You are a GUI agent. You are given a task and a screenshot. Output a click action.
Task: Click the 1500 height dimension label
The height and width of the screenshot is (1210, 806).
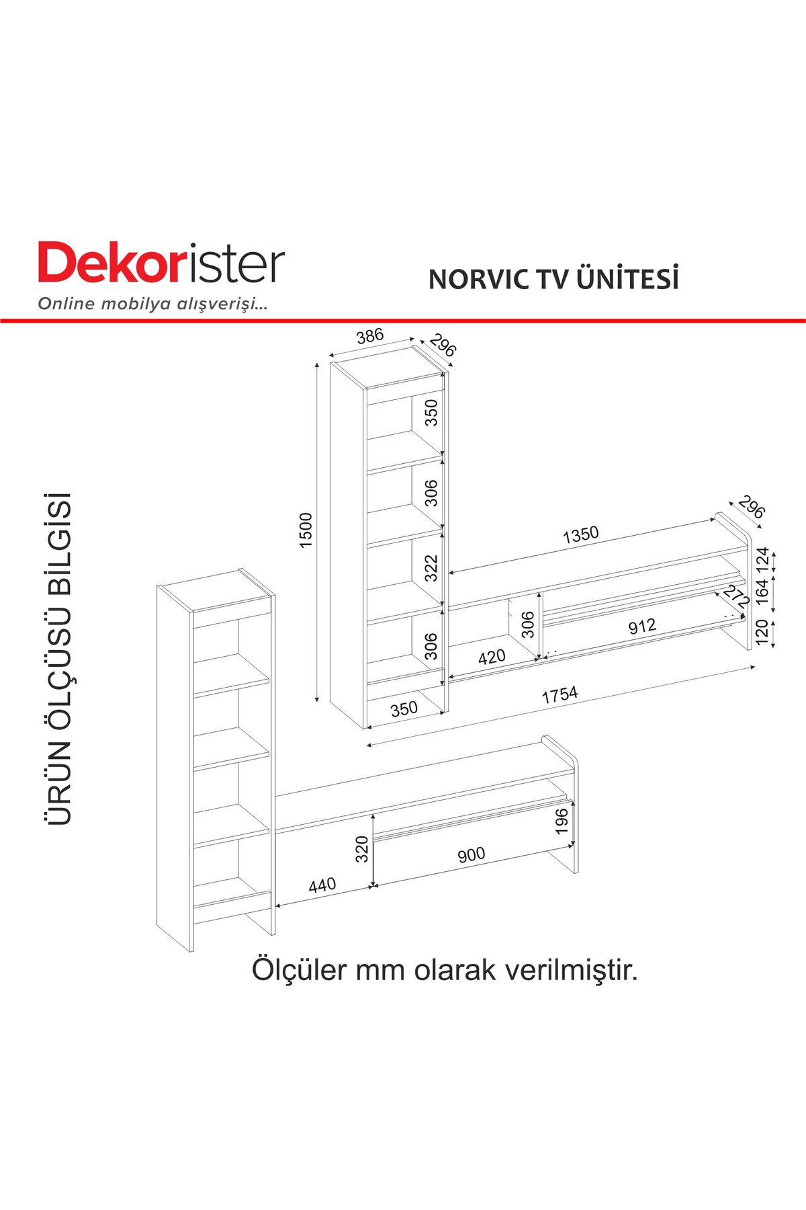[x=306, y=530]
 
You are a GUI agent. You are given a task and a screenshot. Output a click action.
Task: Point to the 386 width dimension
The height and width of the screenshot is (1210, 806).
[x=370, y=336]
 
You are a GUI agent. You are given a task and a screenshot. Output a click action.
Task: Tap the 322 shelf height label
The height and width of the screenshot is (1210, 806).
[x=431, y=568]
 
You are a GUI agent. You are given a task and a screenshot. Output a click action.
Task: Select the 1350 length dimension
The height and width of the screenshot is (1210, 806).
[x=581, y=535]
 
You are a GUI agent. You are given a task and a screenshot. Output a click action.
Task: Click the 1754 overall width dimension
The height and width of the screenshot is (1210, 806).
[x=559, y=695]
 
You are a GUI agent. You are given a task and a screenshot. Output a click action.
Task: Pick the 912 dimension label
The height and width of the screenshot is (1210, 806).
[x=642, y=627]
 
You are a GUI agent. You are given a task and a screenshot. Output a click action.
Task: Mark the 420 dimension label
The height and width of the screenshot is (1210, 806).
[x=492, y=657]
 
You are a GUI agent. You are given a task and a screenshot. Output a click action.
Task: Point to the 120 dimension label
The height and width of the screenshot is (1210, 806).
[x=762, y=633]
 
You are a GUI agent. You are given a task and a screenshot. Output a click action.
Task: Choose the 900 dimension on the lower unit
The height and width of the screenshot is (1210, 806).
[x=472, y=855]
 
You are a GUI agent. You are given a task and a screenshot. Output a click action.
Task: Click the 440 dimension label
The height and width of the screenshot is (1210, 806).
[x=322, y=885]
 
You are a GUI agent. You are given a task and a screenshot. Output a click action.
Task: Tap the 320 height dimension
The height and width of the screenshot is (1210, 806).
[x=362, y=849]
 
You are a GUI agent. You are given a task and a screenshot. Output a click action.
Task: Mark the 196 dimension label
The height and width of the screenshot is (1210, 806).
[x=562, y=821]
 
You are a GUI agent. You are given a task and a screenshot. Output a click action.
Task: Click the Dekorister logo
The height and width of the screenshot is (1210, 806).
[x=161, y=264]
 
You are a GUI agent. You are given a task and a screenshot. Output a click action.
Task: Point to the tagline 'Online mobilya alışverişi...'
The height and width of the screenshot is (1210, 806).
[x=153, y=304]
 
